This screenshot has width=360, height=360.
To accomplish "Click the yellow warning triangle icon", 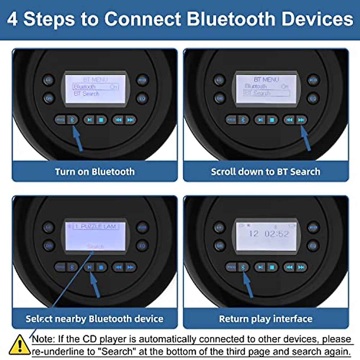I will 19,345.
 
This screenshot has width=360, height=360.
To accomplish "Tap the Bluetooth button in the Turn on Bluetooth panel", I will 72,120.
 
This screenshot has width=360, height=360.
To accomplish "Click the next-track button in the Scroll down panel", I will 301,120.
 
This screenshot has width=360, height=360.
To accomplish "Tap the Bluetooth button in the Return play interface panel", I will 243,267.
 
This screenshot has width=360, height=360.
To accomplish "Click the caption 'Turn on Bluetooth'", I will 95,172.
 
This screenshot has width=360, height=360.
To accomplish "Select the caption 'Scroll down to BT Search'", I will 265,172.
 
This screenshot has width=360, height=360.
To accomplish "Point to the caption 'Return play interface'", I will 265,319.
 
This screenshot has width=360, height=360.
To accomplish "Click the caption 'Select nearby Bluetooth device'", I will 95,319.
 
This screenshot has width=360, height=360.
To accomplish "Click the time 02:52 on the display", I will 277,234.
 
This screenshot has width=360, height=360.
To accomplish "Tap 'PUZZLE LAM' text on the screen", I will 98,226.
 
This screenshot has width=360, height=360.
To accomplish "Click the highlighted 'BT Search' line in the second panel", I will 266,93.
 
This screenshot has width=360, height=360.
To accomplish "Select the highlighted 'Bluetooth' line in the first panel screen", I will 96,87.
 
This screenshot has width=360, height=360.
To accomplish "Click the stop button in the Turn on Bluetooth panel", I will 101,120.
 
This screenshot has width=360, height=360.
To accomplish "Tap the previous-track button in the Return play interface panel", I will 289,267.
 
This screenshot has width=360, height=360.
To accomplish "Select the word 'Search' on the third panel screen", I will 95,246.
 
